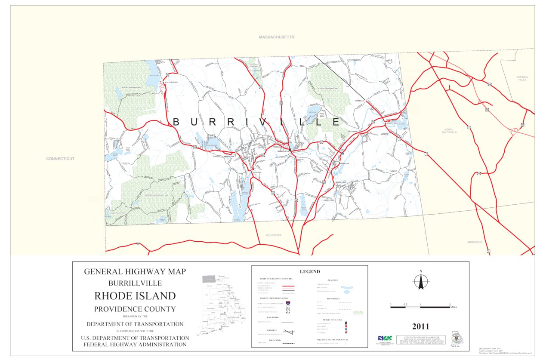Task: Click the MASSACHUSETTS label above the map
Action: [276, 37]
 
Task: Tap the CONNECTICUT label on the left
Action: [60, 159]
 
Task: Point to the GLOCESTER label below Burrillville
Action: [273, 235]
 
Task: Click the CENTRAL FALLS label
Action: [521, 78]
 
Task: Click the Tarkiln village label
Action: [393, 171]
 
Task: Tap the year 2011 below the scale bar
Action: [420, 326]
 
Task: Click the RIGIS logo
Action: [384, 338]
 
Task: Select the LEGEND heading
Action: [309, 271]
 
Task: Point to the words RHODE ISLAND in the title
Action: [135, 296]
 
